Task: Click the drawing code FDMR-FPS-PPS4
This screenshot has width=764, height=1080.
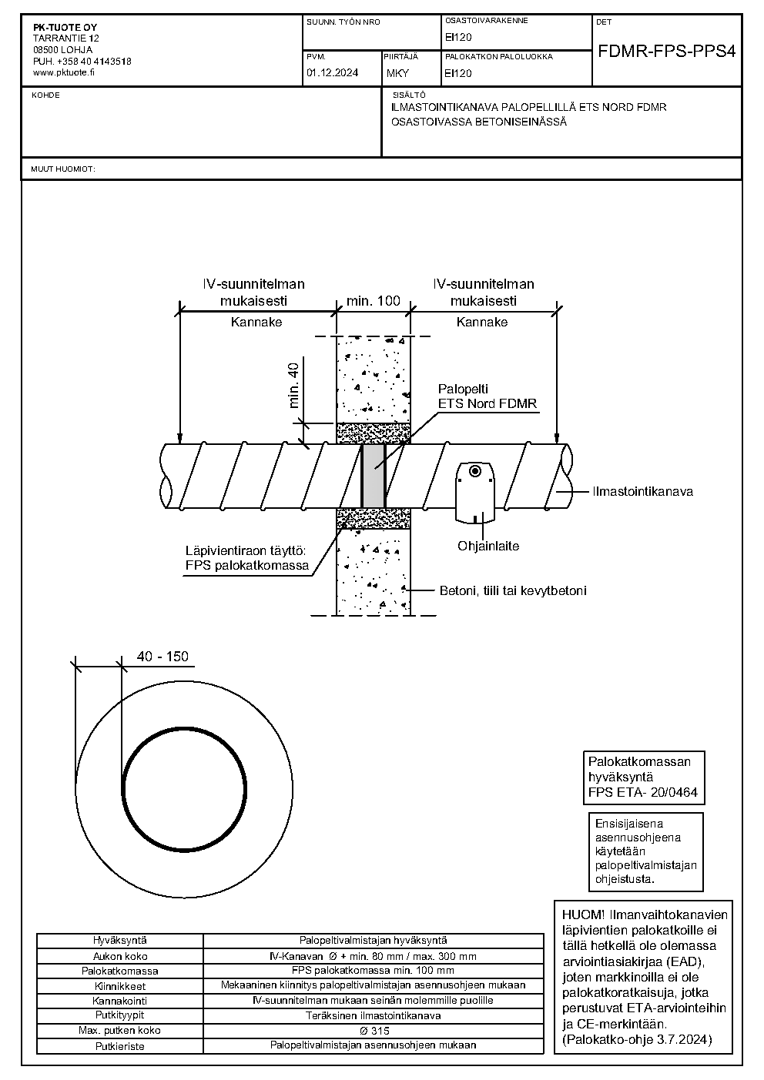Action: coord(666,52)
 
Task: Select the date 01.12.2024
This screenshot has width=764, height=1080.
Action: coord(332,73)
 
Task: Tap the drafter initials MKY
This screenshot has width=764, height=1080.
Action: coord(397,73)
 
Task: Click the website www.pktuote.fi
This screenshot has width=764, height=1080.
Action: coord(64,73)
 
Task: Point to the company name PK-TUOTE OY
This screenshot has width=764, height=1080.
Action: coord(65,28)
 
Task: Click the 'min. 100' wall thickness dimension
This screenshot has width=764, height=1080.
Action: coord(374,301)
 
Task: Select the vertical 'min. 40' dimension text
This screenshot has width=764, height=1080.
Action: coord(293,386)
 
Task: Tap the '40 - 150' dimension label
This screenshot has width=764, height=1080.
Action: coord(163,656)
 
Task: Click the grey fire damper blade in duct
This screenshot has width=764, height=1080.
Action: coord(374,476)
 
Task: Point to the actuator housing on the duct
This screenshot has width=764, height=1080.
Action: coord(475,492)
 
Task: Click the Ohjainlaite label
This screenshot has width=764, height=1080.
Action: coord(488,547)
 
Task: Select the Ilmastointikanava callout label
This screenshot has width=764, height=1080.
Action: coord(643,492)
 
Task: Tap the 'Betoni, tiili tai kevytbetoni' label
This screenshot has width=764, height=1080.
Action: coord(513,590)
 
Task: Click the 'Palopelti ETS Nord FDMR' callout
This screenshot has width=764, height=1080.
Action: coord(488,396)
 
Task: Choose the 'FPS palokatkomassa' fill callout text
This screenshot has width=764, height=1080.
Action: coord(247,565)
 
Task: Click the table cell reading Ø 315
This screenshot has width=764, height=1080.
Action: coord(373,1031)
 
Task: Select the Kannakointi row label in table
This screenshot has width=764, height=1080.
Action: coord(119,1001)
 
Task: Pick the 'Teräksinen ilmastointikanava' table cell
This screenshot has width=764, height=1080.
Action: coord(373,1016)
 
